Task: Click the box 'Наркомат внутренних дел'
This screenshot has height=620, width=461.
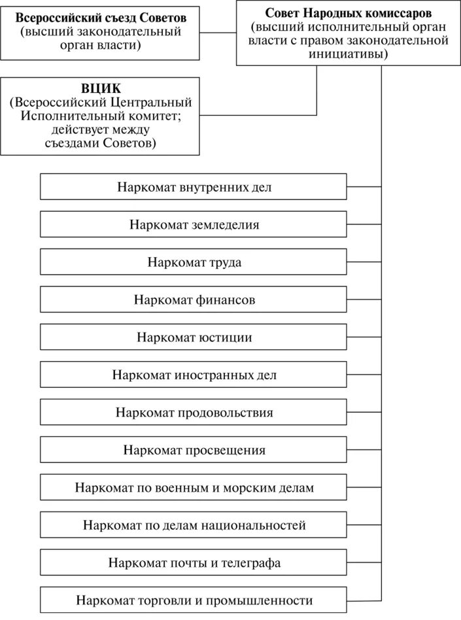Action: point(194,186)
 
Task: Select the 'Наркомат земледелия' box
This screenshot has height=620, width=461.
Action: point(194,224)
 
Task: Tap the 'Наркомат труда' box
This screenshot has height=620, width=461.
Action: point(194,262)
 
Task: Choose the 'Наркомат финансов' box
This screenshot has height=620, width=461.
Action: point(194,300)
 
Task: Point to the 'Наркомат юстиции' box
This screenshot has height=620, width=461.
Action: point(194,337)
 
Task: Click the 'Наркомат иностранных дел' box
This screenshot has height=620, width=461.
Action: point(194,375)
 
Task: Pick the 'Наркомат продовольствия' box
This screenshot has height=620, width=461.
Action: point(194,413)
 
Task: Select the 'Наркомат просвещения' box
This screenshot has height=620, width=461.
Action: point(194,450)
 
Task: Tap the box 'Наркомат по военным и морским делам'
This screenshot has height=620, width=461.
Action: point(194,488)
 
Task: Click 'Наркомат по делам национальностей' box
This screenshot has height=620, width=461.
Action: point(194,525)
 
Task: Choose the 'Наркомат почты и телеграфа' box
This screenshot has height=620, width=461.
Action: point(194,562)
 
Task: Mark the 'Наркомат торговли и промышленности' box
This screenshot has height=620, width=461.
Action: point(194,600)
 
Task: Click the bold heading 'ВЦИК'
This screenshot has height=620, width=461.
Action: point(100,88)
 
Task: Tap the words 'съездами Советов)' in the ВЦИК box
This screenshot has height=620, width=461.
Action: point(100,143)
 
